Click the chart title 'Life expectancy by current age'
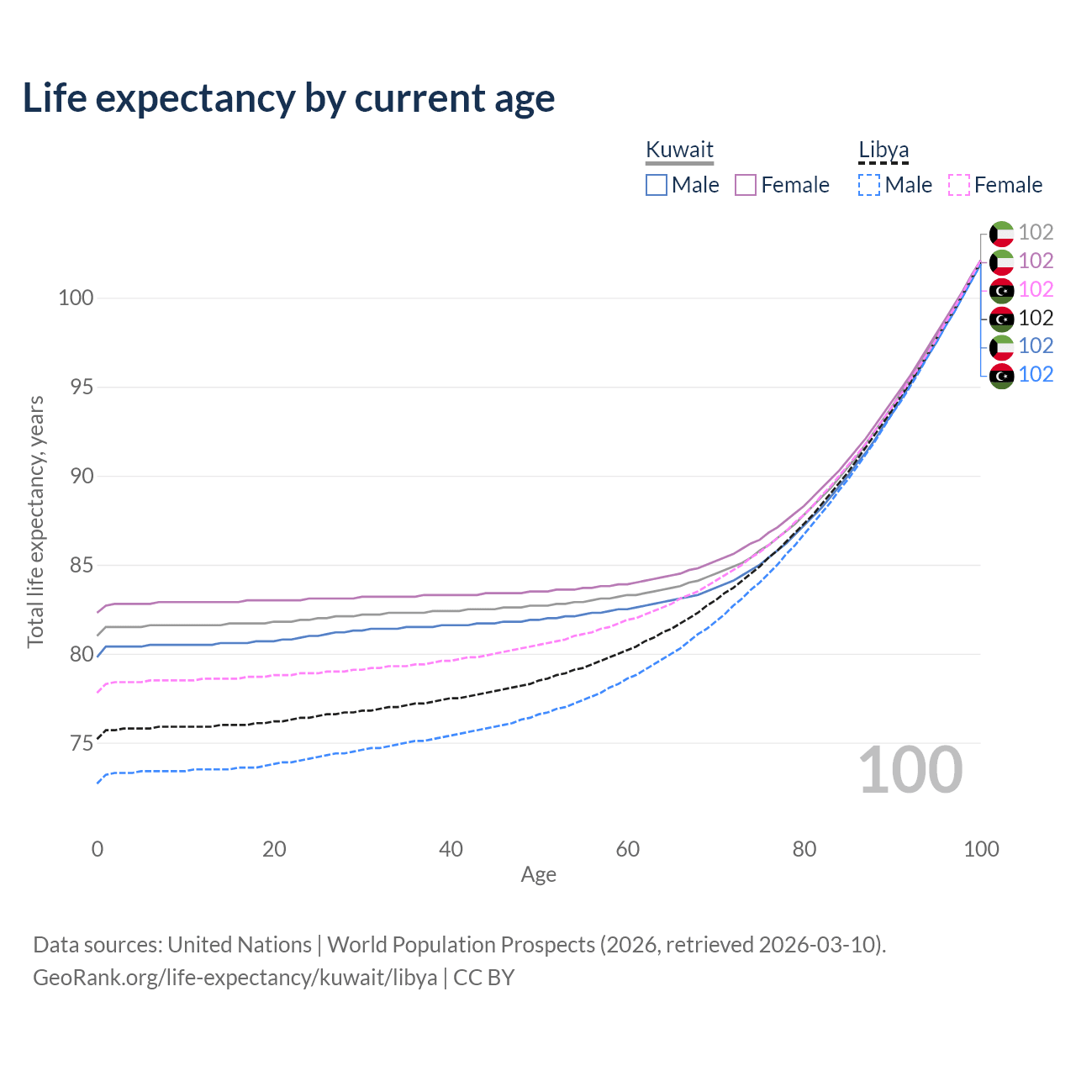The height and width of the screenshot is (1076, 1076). [288, 98]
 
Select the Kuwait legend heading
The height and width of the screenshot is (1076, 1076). [679, 150]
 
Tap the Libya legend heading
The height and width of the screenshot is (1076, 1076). [883, 150]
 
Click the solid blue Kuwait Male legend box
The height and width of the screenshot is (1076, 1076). [656, 185]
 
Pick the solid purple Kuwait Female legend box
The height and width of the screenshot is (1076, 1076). [746, 185]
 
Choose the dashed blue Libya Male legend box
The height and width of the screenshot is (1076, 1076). [869, 185]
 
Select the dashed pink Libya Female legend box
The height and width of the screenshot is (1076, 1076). [959, 185]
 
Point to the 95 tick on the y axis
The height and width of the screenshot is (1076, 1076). [82, 387]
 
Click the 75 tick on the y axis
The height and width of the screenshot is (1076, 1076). [82, 743]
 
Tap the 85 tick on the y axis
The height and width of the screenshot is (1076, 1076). [82, 565]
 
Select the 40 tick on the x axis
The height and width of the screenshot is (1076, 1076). [451, 849]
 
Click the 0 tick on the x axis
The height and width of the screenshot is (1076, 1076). [98, 849]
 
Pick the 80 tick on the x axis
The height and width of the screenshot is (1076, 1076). [804, 849]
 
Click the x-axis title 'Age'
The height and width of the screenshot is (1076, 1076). [538, 875]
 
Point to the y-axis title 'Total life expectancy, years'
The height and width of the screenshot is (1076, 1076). [35, 522]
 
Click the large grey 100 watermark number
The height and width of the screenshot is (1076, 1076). [910, 770]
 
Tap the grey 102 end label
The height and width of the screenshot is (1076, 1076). [1036, 232]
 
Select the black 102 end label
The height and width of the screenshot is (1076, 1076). [1036, 319]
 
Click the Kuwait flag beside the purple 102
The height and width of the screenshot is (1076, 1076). [1002, 262]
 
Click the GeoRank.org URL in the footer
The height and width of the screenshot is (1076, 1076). [235, 978]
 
